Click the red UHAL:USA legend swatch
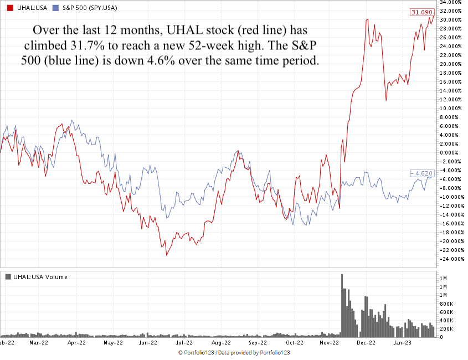pyautogui.click(x=9, y=8)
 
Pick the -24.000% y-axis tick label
pyautogui.click(x=450, y=259)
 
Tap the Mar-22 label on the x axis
pyautogui.click(x=38, y=343)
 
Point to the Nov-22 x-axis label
pyautogui.click(x=329, y=343)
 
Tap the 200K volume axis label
pyautogui.click(x=447, y=328)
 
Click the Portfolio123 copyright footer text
pyautogui.click(x=234, y=353)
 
